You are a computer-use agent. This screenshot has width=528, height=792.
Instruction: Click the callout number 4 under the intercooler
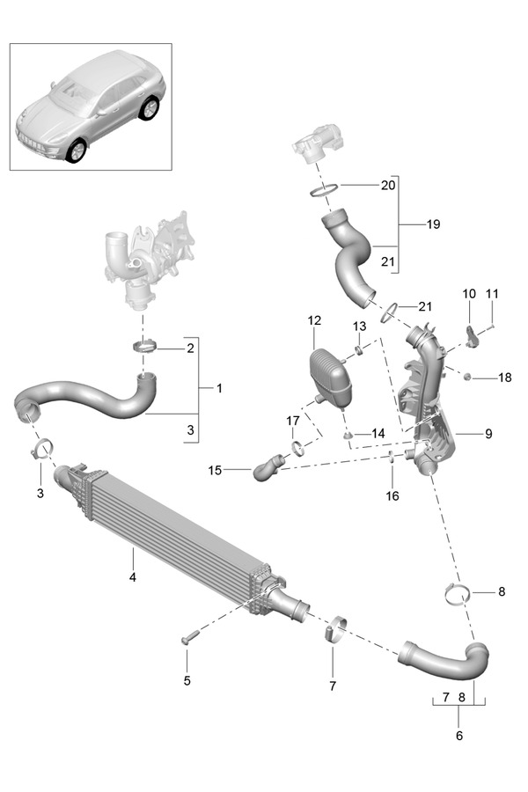pyautogui.click(x=132, y=577)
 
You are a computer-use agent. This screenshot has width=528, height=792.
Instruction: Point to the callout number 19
pyautogui.click(x=433, y=224)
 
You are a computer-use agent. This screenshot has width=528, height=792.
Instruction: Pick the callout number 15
pyautogui.click(x=215, y=470)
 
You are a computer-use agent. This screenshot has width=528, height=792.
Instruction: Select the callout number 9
pyautogui.click(x=488, y=434)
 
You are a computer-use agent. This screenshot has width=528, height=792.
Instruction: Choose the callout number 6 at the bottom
pyautogui.click(x=458, y=735)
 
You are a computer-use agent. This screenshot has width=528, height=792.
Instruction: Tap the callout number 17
pyautogui.click(x=292, y=421)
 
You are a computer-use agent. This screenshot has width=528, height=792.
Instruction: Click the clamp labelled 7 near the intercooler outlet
pyautogui.click(x=333, y=632)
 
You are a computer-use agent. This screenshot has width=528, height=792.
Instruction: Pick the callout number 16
pyautogui.click(x=392, y=495)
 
